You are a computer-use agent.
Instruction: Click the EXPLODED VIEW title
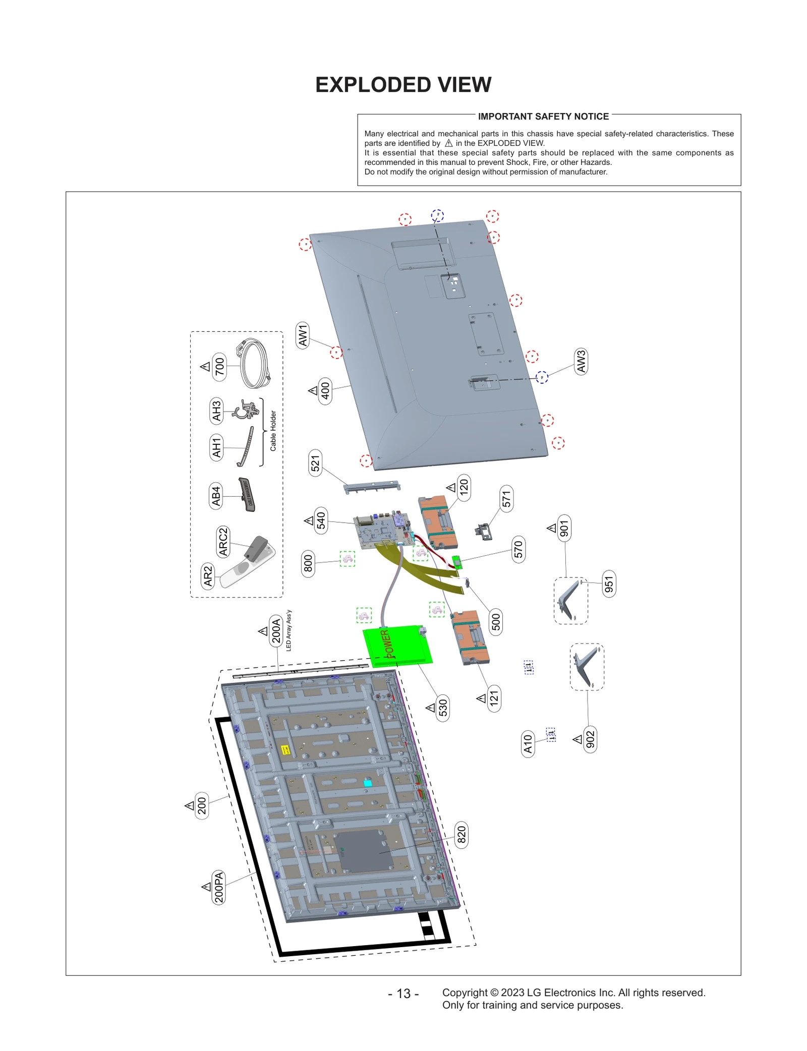[x=403, y=85]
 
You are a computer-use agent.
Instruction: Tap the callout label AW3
[x=581, y=361]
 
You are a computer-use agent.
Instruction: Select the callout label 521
[x=315, y=462]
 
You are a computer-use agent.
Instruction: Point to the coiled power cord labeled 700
[x=255, y=364]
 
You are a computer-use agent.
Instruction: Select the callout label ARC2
[x=223, y=542]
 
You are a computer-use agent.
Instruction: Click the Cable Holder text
[x=273, y=430]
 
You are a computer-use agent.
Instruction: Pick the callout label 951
[x=609, y=584]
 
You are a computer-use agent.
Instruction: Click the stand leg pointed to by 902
[x=587, y=666]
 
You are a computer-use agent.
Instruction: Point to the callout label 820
[x=461, y=835]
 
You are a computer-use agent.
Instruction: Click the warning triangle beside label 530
[x=430, y=708]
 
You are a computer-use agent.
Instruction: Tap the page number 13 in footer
[x=403, y=994]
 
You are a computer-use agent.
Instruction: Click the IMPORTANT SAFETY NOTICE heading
[x=543, y=116]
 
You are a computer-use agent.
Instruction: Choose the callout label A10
[x=528, y=743]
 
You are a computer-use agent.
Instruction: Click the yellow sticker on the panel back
[x=285, y=750]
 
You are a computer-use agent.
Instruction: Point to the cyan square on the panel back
[x=368, y=783]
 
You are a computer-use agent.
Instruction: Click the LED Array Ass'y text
[x=289, y=630]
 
